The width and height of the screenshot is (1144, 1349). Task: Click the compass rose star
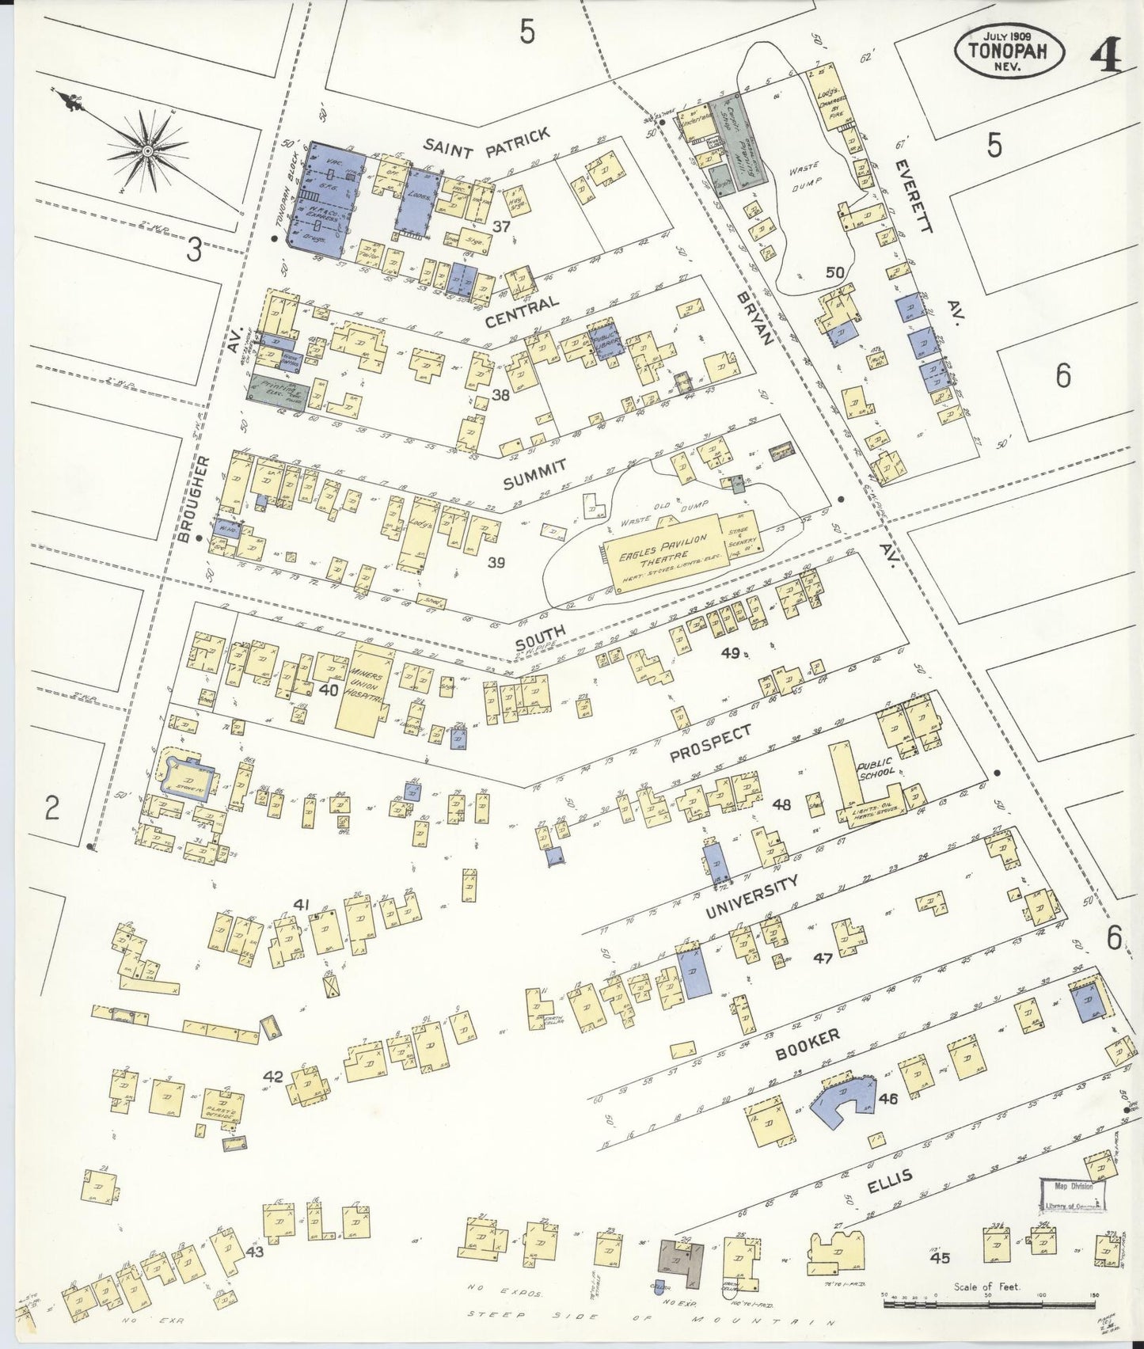point(148,150)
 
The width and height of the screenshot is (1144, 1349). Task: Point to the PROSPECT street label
point(709,744)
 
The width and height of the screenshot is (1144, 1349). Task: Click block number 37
point(500,227)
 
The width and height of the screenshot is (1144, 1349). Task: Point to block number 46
point(887,1098)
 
